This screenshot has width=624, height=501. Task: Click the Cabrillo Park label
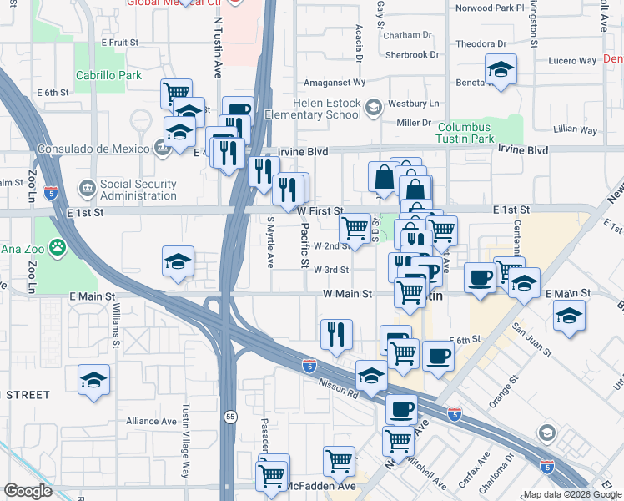(108, 74)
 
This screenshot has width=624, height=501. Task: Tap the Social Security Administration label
(138, 190)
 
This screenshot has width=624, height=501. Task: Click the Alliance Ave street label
(151, 422)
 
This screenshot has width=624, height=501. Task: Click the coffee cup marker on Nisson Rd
(401, 410)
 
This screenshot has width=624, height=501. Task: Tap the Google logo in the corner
(27, 491)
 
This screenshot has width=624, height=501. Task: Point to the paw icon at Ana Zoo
(58, 247)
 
